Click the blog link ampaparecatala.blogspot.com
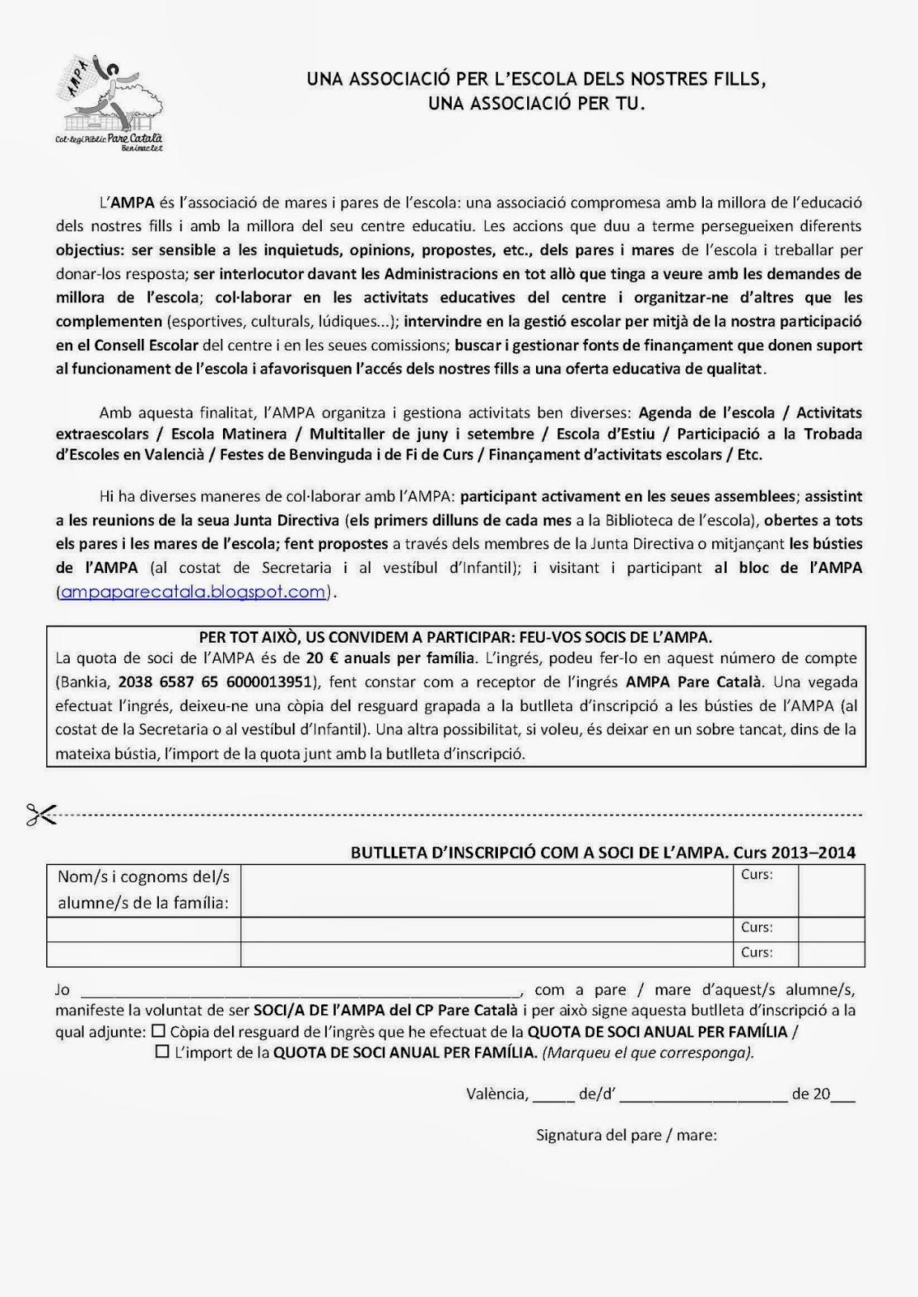coord(193,592)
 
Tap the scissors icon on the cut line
coord(41,815)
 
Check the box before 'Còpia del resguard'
coord(158,1032)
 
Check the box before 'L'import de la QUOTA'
coord(162,1052)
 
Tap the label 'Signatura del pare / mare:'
coord(626,1135)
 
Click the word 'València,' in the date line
coord(497,1094)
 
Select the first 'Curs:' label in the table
coord(757,875)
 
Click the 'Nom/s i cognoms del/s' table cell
coord(144,889)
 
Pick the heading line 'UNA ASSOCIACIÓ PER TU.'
coord(535,104)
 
